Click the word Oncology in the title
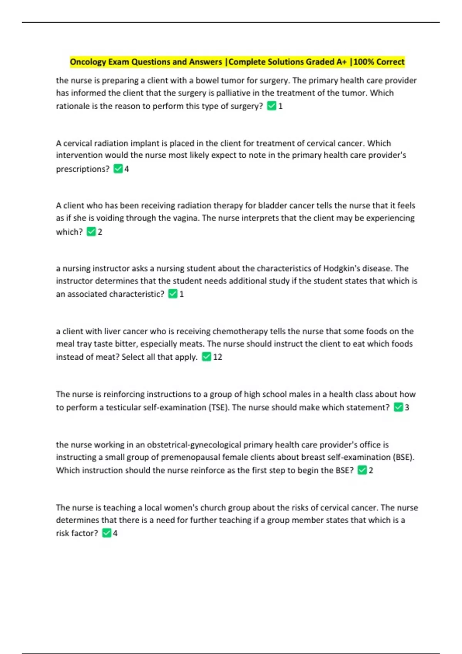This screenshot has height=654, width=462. pyautogui.click(x=88, y=62)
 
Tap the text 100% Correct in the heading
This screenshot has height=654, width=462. pyautogui.click(x=379, y=62)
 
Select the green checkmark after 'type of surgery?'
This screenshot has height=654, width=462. pyautogui.click(x=271, y=106)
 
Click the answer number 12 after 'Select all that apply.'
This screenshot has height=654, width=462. pyautogui.click(x=218, y=357)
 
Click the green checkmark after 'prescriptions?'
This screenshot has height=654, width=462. pyautogui.click(x=118, y=169)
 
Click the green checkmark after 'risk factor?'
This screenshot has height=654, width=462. pyautogui.click(x=107, y=533)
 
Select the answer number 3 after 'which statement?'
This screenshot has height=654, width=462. pyautogui.click(x=407, y=407)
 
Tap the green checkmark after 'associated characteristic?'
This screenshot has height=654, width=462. pyautogui.click(x=173, y=294)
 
